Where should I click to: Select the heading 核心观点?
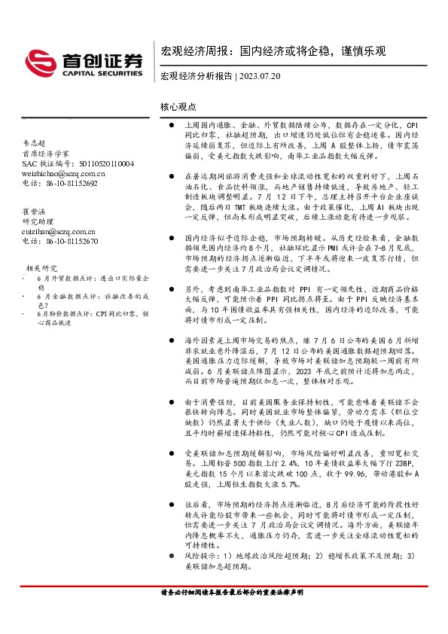(178, 108)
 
